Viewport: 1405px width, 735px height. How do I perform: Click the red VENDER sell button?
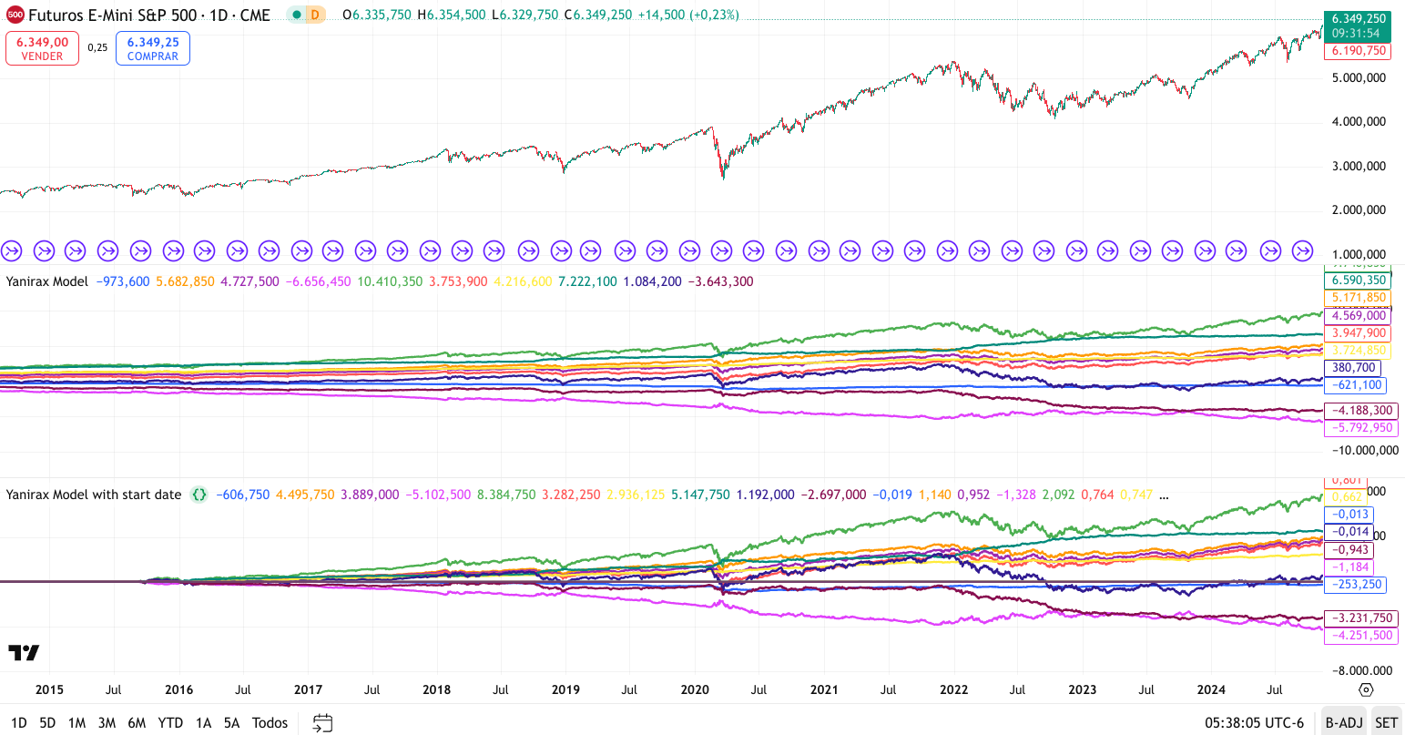tap(42, 49)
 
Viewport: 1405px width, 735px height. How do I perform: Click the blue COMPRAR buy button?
tap(153, 49)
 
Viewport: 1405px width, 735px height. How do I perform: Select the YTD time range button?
tap(170, 722)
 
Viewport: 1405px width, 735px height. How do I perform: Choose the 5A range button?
tap(232, 722)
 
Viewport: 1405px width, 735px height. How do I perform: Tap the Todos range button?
tap(270, 722)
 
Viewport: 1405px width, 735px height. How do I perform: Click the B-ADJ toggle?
tap(1344, 722)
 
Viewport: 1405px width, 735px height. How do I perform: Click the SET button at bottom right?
tap(1386, 722)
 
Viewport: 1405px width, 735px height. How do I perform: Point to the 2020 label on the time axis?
tap(695, 689)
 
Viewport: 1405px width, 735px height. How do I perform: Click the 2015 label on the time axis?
tap(49, 689)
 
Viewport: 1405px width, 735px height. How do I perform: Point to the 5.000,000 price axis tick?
tap(1359, 77)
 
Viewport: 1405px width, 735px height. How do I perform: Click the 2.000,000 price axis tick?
tap(1359, 209)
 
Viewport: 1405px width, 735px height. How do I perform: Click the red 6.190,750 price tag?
tap(1359, 51)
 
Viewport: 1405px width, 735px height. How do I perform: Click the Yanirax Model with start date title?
tap(94, 495)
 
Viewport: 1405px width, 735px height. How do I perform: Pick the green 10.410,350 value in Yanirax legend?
tap(390, 281)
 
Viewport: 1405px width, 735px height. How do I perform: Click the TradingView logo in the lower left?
tap(24, 652)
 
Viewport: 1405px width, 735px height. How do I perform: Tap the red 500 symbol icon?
tap(15, 15)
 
